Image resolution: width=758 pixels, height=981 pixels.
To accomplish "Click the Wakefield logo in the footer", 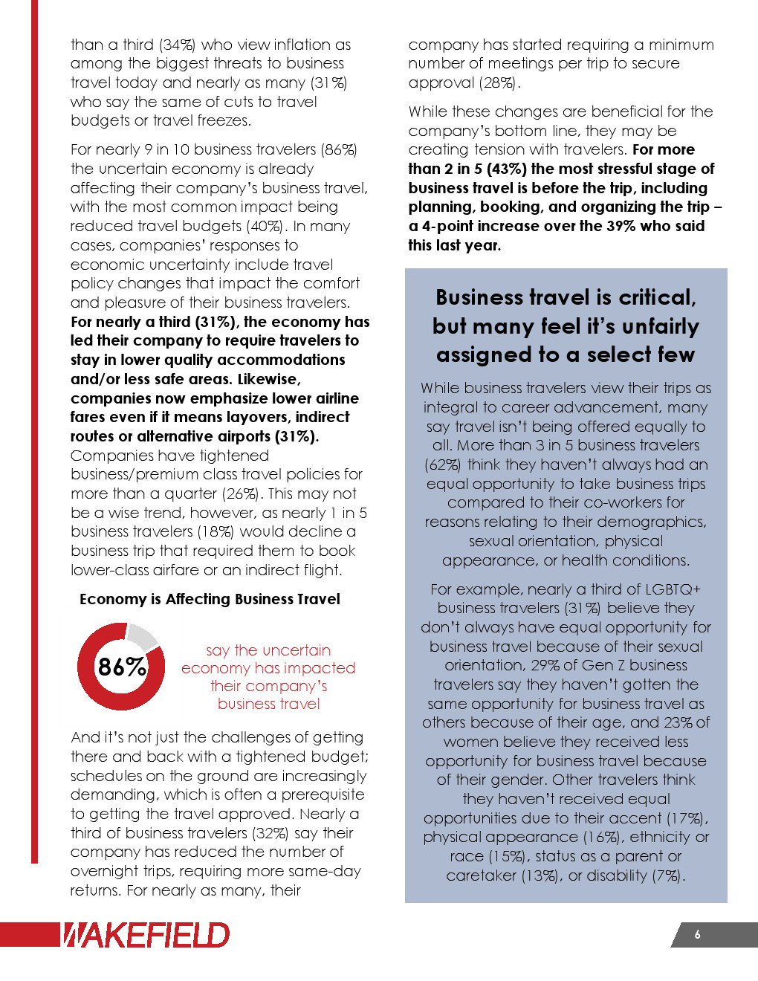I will tap(145, 934).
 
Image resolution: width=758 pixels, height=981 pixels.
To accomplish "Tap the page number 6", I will tap(697, 935).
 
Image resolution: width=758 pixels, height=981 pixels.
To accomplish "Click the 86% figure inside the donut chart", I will tap(122, 667).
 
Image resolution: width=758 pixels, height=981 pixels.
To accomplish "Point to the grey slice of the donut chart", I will tap(142, 636).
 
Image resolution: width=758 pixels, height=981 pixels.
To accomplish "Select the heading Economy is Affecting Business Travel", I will tap(210, 599).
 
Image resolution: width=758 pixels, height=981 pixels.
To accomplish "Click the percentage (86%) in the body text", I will tap(339, 149).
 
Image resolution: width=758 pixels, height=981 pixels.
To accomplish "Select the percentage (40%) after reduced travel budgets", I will tap(264, 226).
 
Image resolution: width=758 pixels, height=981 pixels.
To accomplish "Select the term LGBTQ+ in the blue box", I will tap(673, 589).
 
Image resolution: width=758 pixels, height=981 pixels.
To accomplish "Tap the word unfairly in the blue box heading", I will tap(654, 326).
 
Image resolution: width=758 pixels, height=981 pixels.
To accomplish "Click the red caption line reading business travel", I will tap(269, 704).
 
